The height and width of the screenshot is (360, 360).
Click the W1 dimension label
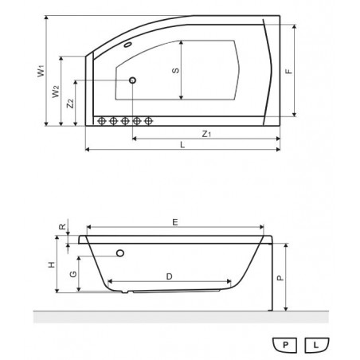[41, 71]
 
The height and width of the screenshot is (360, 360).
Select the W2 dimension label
[56, 92]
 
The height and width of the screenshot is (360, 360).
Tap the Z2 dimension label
[70, 104]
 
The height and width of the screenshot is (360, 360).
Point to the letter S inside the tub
[175, 71]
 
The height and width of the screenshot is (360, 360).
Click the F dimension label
[288, 71]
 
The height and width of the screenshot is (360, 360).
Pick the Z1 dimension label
[206, 134]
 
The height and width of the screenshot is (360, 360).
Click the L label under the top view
[182, 145]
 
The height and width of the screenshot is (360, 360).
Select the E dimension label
[175, 222]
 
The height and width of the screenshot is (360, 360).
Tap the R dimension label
[62, 227]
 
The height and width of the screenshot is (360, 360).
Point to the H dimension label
[52, 264]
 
